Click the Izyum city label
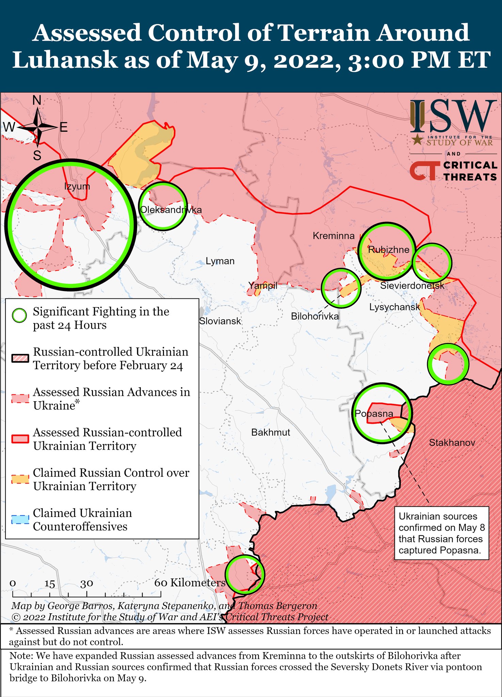pyautogui.click(x=77, y=186)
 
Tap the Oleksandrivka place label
pyautogui.click(x=171, y=210)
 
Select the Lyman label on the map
pyautogui.click(x=220, y=261)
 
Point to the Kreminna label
pyautogui.click(x=334, y=236)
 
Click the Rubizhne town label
pyautogui.click(x=389, y=249)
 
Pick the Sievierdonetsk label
pyautogui.click(x=412, y=286)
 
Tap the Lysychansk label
pyautogui.click(x=395, y=307)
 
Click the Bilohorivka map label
pyautogui.click(x=315, y=317)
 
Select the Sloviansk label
pyautogui.click(x=220, y=321)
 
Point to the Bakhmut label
pyautogui.click(x=271, y=432)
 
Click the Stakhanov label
pyautogui.click(x=452, y=442)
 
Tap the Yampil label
pyautogui.click(x=263, y=286)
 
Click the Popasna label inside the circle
pyautogui.click(x=374, y=414)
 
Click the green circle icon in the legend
pyautogui.click(x=19, y=316)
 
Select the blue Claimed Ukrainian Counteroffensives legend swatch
pyautogui.click(x=20, y=520)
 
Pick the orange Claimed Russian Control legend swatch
pyautogui.click(x=20, y=479)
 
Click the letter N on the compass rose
pyautogui.click(x=37, y=100)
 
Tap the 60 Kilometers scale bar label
pyautogui.click(x=190, y=582)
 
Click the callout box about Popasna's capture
pyautogui.click(x=441, y=533)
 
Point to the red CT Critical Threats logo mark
pyautogui.click(x=423, y=171)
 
